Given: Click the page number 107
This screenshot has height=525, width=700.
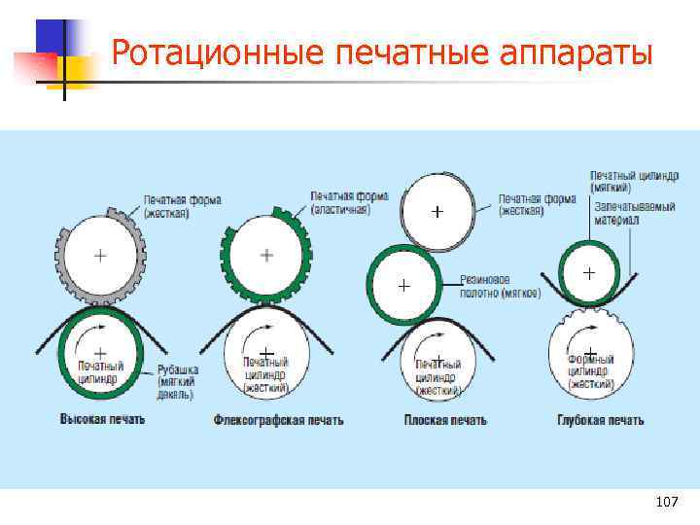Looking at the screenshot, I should pos(666,502).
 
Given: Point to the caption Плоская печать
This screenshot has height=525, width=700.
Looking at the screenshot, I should pos(444,420).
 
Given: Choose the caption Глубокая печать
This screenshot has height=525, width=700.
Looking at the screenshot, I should pos(600,420).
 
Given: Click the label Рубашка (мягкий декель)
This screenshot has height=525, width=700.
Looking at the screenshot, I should pos(179,382).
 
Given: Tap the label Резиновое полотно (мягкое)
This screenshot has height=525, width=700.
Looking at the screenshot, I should pos(501,286).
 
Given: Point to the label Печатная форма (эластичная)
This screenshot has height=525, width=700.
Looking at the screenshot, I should pos(349,202).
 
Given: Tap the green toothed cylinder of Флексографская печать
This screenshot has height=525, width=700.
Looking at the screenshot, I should pos(266,255).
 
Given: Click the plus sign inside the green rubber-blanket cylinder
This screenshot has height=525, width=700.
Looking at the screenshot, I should pos(403,286).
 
